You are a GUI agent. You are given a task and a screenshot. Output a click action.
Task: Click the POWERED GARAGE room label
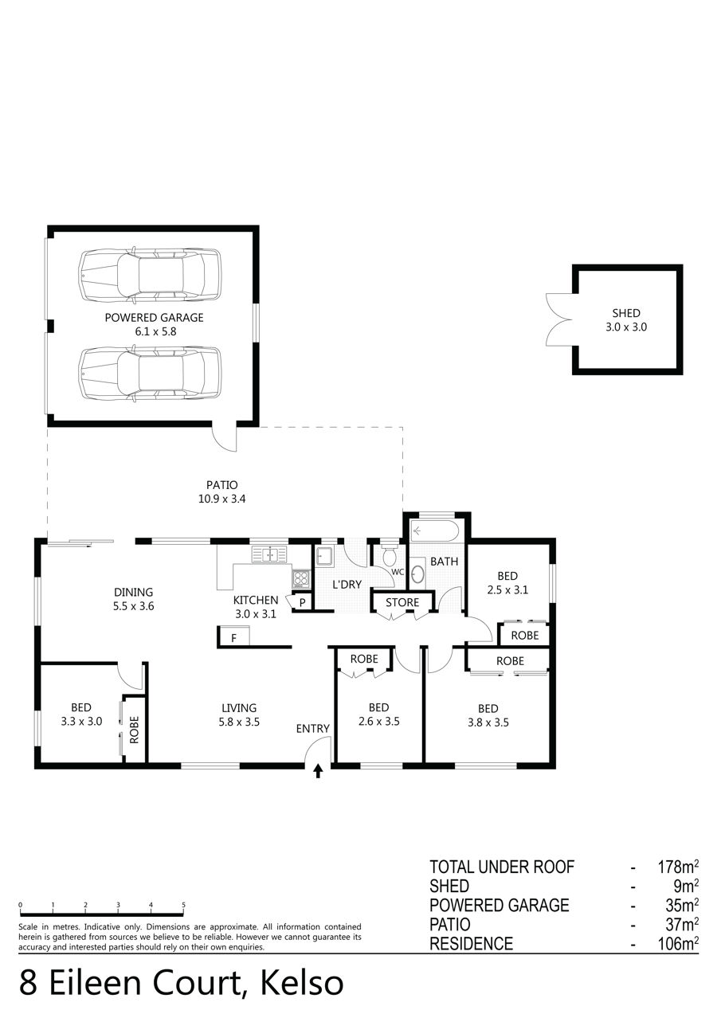[154, 318]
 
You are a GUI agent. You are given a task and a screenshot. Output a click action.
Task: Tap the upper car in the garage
[151, 275]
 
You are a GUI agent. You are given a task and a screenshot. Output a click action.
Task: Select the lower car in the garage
[151, 374]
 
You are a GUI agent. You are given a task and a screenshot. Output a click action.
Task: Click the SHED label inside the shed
[626, 313]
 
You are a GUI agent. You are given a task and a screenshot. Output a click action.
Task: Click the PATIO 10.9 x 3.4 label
[221, 492]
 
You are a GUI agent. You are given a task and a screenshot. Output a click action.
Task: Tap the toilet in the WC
[389, 555]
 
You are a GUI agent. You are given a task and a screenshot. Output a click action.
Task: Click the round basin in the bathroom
[417, 575]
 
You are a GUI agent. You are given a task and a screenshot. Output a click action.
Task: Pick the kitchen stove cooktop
[301, 578]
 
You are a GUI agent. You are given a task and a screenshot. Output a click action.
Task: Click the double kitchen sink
[270, 554]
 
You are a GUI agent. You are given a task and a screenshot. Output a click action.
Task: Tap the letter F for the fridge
[233, 638]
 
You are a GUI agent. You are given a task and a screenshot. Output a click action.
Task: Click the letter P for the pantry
[303, 603]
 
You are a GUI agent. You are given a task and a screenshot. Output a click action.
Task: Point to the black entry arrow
[318, 771]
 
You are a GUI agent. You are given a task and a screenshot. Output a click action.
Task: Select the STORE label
[402, 602]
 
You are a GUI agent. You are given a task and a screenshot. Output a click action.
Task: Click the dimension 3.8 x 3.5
[488, 722]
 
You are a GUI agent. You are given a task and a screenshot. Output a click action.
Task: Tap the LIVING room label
[239, 708]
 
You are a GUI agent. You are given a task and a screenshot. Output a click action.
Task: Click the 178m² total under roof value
[678, 867]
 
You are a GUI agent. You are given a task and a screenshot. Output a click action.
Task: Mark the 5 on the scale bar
[183, 905]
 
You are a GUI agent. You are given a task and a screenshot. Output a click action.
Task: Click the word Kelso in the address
[301, 983]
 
